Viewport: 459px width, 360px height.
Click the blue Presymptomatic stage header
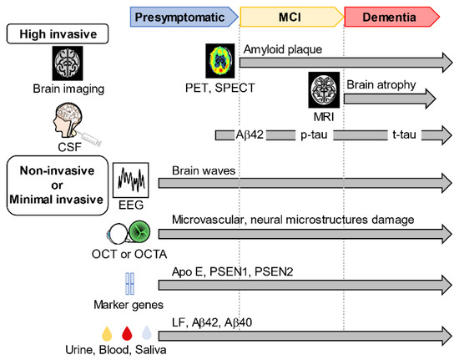[x=184, y=15]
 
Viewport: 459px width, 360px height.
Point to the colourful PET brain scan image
[x=221, y=61]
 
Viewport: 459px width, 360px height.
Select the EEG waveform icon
[x=130, y=180]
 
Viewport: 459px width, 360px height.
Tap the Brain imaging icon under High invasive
[x=67, y=63]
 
